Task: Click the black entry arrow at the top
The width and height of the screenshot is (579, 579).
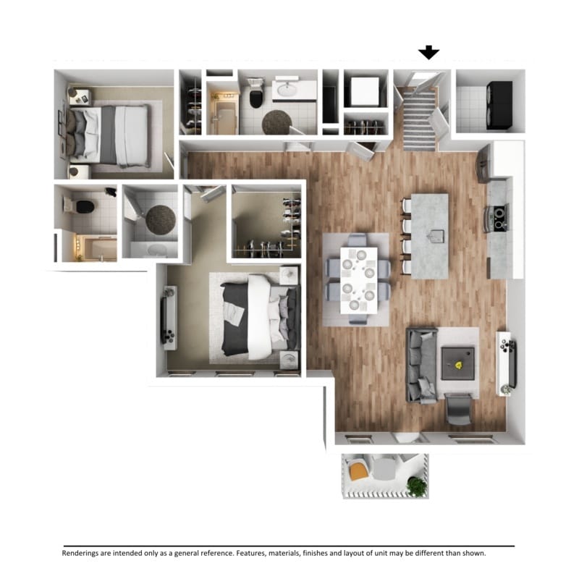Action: [429, 52]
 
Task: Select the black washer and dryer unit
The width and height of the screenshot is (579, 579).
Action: [499, 106]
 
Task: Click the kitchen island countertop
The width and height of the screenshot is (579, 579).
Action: [430, 236]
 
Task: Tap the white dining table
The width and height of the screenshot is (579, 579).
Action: [359, 279]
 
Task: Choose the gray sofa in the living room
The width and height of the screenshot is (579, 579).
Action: [420, 365]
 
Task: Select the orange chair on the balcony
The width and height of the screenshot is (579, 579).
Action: [358, 472]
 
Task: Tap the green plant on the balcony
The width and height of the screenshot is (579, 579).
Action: [417, 486]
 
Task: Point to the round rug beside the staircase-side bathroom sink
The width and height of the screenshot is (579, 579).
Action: [276, 122]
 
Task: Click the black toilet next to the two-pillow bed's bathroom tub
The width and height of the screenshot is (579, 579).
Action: [85, 206]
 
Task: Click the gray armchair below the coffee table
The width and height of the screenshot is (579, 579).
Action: [458, 410]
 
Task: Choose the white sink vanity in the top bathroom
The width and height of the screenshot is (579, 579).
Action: [295, 90]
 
